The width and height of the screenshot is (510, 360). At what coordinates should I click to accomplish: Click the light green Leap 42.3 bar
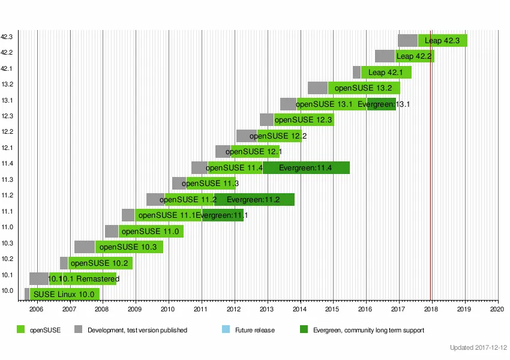443,41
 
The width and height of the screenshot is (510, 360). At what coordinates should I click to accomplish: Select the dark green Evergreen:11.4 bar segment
306,168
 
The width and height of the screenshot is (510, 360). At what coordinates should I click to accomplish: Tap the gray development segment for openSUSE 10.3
85,247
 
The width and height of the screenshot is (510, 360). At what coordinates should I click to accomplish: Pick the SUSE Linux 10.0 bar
64,294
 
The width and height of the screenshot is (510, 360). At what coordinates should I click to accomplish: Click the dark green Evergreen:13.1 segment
381,104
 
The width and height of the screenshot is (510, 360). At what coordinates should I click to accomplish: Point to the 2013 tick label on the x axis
267,309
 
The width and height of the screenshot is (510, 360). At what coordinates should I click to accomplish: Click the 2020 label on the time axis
497,309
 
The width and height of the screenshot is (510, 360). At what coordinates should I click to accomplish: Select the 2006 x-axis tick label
37,309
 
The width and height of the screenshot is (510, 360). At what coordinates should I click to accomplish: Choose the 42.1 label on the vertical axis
7,68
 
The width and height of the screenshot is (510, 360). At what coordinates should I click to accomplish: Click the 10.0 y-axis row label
7,291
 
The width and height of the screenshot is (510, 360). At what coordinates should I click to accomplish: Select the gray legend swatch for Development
78,329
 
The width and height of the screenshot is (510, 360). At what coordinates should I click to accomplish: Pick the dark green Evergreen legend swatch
303,329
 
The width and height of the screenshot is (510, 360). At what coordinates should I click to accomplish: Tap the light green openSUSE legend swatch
21,329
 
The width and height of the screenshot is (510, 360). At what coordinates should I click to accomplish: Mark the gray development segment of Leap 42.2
385,56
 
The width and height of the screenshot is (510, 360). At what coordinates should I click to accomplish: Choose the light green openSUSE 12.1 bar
255,152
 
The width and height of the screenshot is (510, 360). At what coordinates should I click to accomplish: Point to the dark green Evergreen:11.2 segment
254,200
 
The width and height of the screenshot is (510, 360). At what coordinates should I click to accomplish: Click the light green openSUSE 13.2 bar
364,88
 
